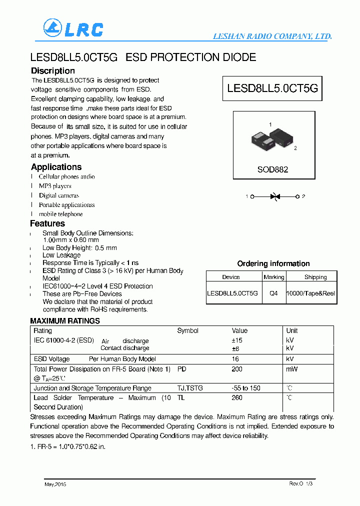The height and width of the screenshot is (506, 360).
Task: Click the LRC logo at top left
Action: point(73,28)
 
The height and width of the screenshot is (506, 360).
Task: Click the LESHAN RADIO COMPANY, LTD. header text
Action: point(272,36)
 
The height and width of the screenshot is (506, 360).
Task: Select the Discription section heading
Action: point(52,71)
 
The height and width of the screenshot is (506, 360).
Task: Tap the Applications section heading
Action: point(56,167)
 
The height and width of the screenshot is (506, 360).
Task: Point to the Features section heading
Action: point(47,223)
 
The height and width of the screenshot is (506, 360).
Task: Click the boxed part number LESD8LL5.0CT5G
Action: point(272,88)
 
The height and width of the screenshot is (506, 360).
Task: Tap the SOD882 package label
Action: point(272,169)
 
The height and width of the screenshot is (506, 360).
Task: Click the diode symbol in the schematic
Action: point(274,196)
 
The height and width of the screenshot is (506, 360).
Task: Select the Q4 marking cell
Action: point(273,293)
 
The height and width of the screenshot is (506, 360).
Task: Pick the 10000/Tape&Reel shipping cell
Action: point(310,293)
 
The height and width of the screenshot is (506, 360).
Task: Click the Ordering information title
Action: point(273,263)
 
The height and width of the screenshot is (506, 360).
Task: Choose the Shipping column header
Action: point(315,277)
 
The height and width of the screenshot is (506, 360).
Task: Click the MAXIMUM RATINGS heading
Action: point(65,321)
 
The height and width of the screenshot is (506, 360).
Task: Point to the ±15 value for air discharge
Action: point(238,340)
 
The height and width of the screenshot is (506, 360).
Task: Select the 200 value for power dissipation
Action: point(237,369)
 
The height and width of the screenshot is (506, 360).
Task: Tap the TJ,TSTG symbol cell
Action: point(190,388)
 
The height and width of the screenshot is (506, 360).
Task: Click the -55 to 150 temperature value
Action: point(246,388)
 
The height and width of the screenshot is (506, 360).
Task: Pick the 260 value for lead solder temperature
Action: point(237,397)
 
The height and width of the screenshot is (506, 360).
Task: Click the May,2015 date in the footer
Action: point(55,484)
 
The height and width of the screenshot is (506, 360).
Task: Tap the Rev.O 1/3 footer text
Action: point(301,483)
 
